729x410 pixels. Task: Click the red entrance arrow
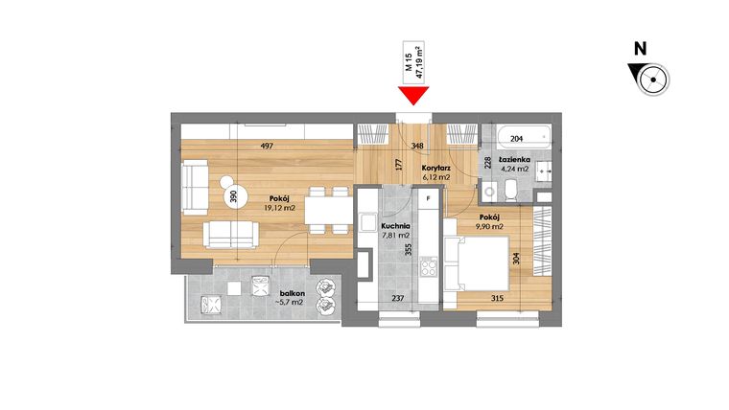(x=414, y=94)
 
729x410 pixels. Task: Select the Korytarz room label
(x=436, y=170)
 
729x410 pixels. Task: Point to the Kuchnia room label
(x=368, y=226)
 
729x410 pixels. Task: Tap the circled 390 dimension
(x=234, y=196)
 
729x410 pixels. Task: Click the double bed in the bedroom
(x=477, y=261)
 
